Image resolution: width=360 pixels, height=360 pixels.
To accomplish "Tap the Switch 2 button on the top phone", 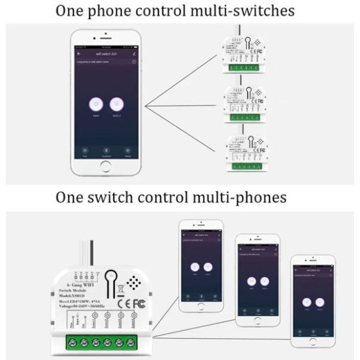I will (117, 105).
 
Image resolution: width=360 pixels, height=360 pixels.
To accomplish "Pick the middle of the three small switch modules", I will (244, 104).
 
